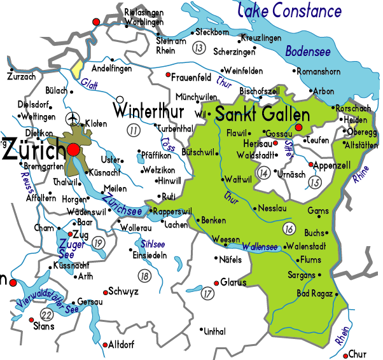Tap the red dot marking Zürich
click(x=74, y=149)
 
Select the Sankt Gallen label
click(x=262, y=114)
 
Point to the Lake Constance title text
click(x=289, y=11)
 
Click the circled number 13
click(x=199, y=48)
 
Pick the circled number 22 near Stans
click(x=46, y=315)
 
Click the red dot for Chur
click(x=345, y=354)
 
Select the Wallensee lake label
click(x=260, y=246)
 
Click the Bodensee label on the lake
click(x=307, y=52)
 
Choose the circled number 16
click(x=289, y=228)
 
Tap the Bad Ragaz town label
click(x=315, y=293)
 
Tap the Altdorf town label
click(x=122, y=344)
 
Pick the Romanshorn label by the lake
click(x=321, y=72)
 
